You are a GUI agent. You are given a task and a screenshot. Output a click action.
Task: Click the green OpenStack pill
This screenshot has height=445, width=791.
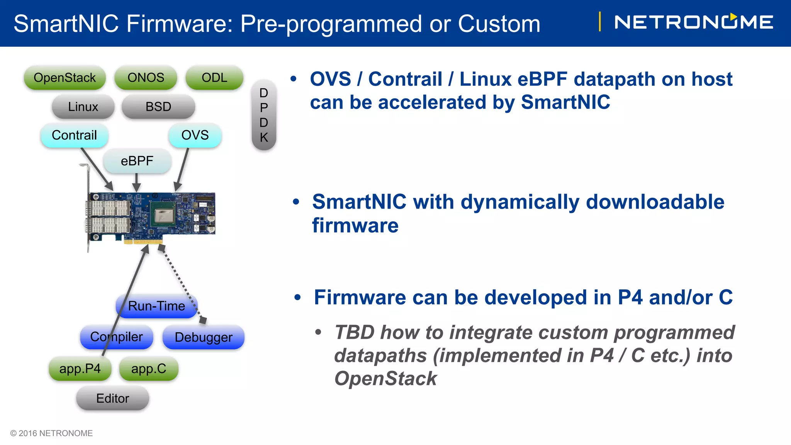pos(65,78)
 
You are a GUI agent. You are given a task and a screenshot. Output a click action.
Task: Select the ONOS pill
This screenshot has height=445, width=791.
pos(146,78)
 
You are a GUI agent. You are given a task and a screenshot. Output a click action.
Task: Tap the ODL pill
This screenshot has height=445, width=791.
pos(214,78)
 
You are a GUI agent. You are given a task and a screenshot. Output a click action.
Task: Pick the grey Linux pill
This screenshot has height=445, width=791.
pos(83,107)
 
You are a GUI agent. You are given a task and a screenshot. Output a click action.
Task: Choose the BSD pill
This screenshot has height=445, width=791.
pos(158,107)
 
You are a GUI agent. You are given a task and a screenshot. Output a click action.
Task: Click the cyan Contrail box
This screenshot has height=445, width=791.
pos(74,135)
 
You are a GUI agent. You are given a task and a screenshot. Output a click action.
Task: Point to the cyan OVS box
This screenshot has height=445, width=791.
pos(195,135)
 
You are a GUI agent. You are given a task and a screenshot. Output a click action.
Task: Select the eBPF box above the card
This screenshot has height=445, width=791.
pos(137,161)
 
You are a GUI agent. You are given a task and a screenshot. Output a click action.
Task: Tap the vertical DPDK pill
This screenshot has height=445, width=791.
pos(264,115)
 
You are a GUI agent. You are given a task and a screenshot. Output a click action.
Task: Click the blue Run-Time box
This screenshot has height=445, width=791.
pos(157,306)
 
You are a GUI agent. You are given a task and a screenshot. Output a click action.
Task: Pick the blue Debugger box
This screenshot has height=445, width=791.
pos(204,337)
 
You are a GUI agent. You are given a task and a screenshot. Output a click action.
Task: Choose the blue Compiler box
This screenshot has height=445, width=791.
pos(116,337)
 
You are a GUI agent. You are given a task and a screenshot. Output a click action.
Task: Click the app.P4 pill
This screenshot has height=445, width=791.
pos(80,369)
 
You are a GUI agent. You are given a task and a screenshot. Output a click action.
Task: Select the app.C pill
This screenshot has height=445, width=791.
pos(149,369)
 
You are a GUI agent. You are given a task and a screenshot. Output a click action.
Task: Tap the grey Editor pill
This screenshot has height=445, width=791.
pos(112,398)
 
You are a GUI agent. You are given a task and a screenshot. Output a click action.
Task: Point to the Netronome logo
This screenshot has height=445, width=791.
pos(693,22)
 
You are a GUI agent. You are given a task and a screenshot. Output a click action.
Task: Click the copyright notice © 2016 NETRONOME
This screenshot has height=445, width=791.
pos(51,433)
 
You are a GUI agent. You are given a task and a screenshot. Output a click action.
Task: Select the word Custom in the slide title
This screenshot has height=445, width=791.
pos(499,24)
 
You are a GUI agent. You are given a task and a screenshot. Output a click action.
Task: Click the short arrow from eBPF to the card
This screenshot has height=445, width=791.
pos(136,182)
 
